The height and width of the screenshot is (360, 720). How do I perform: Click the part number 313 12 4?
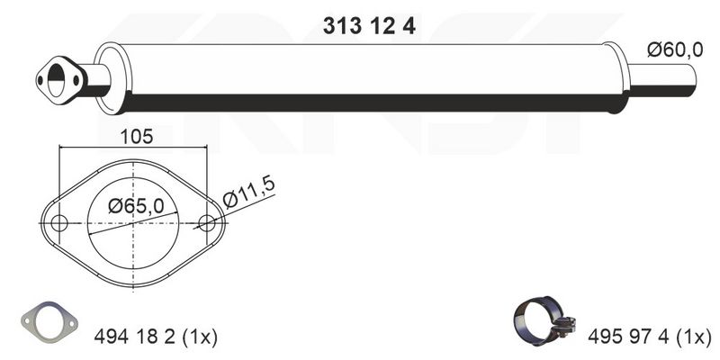click(369, 26)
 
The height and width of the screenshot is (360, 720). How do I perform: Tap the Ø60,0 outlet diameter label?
click(675, 49)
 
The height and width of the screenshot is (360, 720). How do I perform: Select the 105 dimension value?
click(137, 137)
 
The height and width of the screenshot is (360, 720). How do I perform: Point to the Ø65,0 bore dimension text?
click(136, 206)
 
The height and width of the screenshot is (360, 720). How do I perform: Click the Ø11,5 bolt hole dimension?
click(248, 192)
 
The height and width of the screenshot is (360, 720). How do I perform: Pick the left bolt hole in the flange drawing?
click(59, 223)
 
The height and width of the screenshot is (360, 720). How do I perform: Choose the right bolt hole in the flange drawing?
click(207, 223)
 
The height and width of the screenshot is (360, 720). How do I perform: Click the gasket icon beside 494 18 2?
click(49, 322)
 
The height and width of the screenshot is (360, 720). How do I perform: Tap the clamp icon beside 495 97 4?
click(544, 320)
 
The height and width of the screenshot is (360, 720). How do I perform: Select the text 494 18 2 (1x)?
click(155, 337)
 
